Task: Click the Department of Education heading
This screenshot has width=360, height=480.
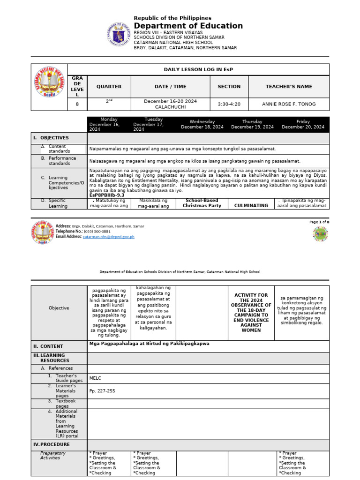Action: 188,26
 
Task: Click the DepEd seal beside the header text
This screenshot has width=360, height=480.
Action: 119,35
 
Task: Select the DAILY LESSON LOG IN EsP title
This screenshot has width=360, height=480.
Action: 198,69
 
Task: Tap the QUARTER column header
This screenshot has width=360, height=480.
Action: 109,87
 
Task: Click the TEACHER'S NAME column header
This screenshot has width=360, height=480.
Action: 289,87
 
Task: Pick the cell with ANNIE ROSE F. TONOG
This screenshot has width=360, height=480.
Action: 289,104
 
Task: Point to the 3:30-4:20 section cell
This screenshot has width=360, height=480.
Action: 229,104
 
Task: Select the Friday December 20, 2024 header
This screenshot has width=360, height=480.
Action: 303,124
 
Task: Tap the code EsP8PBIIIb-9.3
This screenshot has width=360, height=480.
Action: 107,195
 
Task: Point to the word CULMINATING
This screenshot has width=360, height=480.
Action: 251,205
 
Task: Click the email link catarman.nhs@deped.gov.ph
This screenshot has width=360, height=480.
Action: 109,237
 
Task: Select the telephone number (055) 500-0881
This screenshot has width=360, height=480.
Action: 97,232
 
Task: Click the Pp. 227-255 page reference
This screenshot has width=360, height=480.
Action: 102,391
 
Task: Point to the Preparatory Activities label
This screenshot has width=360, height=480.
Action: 53,456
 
